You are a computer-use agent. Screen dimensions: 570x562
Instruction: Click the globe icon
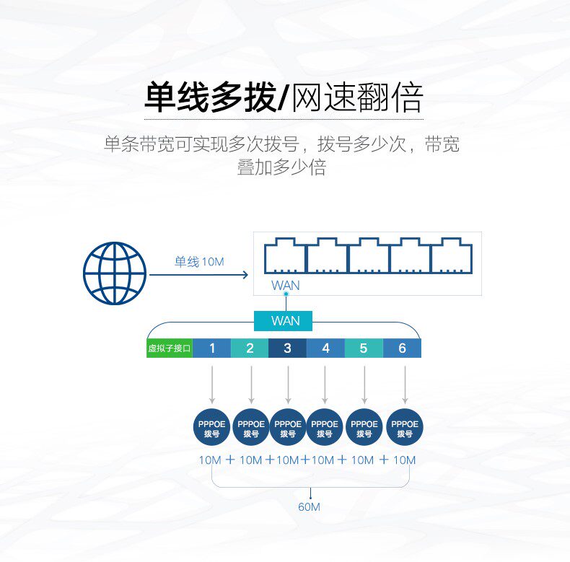click(x=115, y=273)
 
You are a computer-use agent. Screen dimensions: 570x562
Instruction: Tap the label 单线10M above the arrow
click(x=199, y=261)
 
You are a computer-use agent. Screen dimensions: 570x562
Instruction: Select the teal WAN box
click(x=283, y=320)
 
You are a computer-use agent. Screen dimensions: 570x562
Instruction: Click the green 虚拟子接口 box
click(x=170, y=348)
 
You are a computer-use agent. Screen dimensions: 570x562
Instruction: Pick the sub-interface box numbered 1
click(x=211, y=348)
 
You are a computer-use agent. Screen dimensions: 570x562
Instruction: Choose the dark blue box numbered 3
click(x=288, y=348)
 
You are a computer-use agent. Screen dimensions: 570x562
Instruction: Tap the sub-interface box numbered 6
click(x=402, y=348)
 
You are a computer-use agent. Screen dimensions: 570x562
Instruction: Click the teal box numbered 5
click(x=364, y=348)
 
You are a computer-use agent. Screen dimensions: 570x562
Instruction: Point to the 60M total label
click(x=309, y=506)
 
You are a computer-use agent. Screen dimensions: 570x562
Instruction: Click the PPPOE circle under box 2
click(x=251, y=428)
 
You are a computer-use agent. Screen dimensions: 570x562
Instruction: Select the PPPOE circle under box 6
click(x=405, y=428)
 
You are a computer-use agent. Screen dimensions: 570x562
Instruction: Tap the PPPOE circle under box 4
click(x=325, y=428)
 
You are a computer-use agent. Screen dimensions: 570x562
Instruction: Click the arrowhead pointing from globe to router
click(x=246, y=274)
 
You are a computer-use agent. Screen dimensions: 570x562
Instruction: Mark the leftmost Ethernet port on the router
click(x=284, y=255)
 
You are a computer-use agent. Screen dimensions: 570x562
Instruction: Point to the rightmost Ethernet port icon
click(x=451, y=255)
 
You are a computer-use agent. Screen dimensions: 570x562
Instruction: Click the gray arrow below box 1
click(x=212, y=385)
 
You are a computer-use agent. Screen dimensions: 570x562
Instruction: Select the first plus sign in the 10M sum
click(x=230, y=460)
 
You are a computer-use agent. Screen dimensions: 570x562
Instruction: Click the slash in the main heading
click(x=284, y=97)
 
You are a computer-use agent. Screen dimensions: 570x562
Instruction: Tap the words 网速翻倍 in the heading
click(x=357, y=97)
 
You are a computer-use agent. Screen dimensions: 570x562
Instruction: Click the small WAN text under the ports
click(x=286, y=286)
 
